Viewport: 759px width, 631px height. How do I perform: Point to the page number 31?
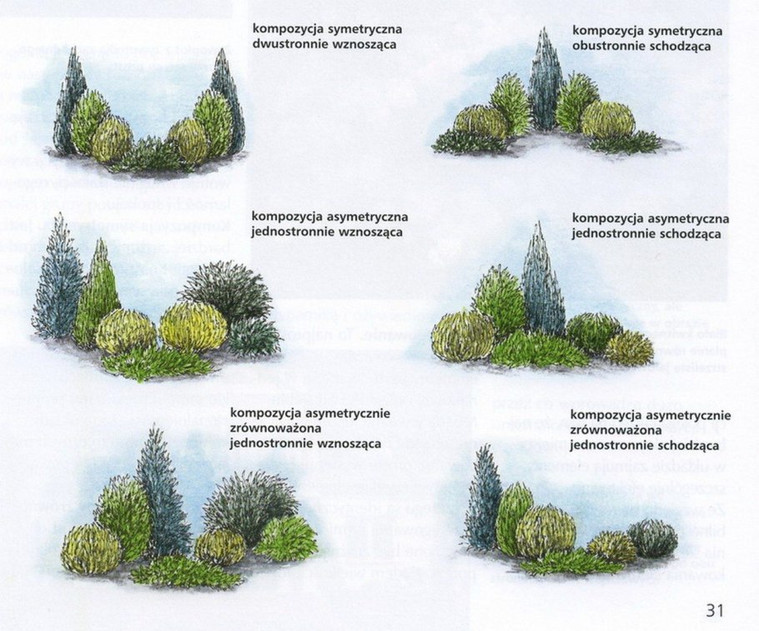point(714,610)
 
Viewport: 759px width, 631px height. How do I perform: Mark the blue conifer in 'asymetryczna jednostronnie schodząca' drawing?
point(542,283)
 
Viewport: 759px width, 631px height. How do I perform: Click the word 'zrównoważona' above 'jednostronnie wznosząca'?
point(269,428)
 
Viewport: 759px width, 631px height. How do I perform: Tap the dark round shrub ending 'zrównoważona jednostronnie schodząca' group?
point(653,538)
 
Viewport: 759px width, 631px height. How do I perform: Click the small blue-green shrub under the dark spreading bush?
point(253,335)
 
